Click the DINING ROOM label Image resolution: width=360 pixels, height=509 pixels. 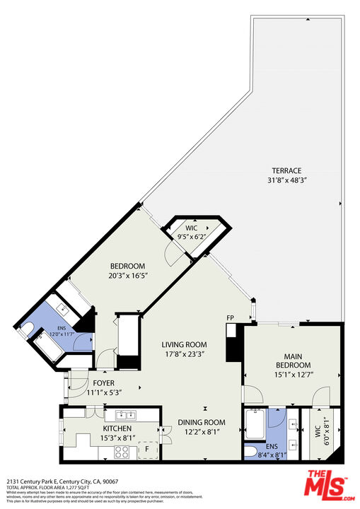tap(203, 422)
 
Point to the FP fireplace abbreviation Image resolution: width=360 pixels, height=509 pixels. tap(230, 318)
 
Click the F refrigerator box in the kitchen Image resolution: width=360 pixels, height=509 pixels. tap(148, 449)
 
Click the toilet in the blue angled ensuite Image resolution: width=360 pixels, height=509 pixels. tap(28, 327)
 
